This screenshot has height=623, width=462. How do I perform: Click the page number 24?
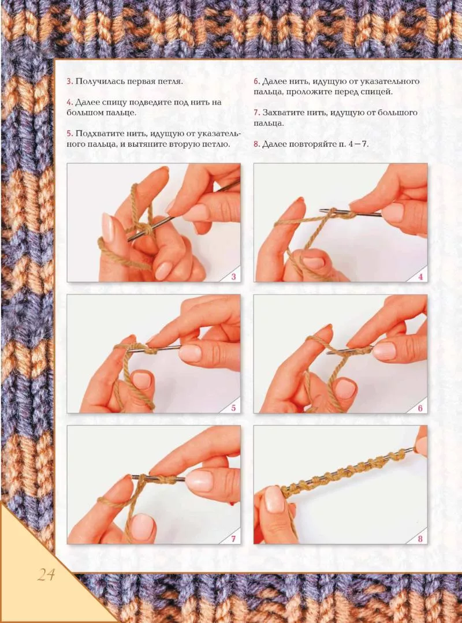click(x=46, y=574)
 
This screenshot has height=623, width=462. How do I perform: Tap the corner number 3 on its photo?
click(x=233, y=277)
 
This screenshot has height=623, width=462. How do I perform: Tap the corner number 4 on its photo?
click(x=420, y=277)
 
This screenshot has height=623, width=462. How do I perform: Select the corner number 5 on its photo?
click(x=233, y=408)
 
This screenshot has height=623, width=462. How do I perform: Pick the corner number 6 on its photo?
click(x=420, y=408)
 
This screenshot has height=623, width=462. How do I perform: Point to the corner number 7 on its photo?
click(x=233, y=539)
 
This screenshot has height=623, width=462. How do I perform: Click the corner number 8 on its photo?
click(x=420, y=539)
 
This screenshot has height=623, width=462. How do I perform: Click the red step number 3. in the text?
click(x=69, y=81)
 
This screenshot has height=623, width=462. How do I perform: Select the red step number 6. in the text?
click(x=256, y=81)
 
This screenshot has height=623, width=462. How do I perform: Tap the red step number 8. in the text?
click(x=256, y=144)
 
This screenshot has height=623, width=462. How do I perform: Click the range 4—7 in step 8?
click(x=358, y=144)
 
